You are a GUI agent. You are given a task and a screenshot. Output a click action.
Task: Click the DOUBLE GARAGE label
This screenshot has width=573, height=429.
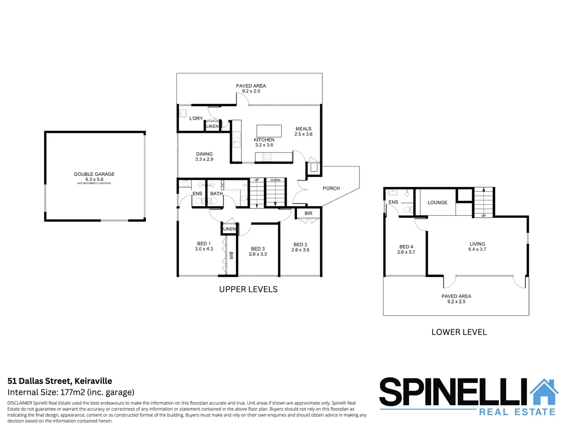(x=94, y=174)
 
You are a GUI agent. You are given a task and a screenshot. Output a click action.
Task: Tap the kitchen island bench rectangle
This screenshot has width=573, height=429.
(x=269, y=131)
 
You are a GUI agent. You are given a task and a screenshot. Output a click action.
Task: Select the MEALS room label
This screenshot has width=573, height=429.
(x=303, y=129)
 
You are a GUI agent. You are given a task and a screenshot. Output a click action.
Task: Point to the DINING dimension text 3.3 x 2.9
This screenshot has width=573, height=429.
(x=204, y=159)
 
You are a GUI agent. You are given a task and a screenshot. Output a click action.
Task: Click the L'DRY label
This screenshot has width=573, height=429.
(x=196, y=118)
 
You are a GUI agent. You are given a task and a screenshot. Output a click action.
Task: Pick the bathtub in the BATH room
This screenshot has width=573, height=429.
(x=235, y=185)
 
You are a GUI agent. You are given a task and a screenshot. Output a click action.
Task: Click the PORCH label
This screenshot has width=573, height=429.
(x=331, y=188)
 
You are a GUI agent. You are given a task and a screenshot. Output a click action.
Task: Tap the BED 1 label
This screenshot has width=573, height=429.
(x=204, y=243)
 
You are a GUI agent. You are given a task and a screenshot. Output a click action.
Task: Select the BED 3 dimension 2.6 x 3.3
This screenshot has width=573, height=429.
(x=258, y=254)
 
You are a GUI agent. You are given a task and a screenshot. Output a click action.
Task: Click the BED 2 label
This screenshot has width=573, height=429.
(x=300, y=245)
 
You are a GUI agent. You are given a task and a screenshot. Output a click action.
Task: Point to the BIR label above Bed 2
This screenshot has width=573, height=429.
(x=309, y=213)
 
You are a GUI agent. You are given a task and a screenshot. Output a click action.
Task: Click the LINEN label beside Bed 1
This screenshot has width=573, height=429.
(x=229, y=229)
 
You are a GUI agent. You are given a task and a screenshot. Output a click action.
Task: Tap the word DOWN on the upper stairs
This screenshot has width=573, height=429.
(x=275, y=180)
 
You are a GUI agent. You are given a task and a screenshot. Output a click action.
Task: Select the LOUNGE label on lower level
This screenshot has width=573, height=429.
(x=437, y=203)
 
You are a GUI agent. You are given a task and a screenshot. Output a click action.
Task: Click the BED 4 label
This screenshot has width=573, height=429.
(x=406, y=247)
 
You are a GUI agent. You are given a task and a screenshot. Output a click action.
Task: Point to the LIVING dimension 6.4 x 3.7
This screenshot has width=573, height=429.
(x=477, y=249)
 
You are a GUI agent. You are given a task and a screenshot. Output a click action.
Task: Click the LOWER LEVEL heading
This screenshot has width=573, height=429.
(x=459, y=332)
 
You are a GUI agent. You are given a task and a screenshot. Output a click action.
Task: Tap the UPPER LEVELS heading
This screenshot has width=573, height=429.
(x=248, y=289)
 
